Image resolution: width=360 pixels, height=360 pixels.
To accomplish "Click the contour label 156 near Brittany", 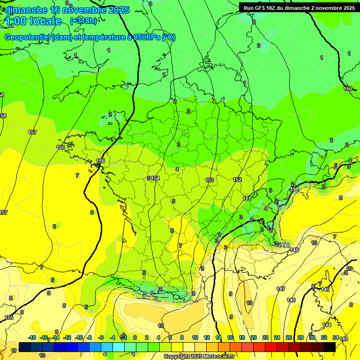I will click(60, 147).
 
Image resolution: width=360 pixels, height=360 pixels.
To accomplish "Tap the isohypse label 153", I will click(210, 180).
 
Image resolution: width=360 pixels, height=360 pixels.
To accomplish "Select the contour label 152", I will click(237, 180).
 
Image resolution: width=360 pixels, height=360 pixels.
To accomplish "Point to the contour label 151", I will click(247, 198).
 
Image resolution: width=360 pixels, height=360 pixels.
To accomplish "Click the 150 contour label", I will click(347, 89).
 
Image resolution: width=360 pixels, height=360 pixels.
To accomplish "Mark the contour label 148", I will click(294, 250).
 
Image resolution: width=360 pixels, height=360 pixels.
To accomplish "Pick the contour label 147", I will click(281, 289).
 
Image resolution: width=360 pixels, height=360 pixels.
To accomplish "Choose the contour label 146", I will click(291, 300).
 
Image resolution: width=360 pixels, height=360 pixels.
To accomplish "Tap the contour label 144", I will click(327, 325).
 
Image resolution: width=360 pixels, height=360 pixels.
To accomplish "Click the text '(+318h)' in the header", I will click(83, 21).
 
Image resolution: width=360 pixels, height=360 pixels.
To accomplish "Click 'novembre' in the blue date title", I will click(84, 10).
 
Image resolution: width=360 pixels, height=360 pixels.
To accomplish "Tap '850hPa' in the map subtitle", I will click(144, 37).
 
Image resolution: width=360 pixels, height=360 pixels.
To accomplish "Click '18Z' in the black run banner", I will click(270, 8).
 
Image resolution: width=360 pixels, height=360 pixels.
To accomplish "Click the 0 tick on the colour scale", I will click(135, 337).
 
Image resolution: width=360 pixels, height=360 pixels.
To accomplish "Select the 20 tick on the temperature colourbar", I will click(253, 337).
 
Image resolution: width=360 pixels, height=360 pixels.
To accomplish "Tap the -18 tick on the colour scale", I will click(32, 337).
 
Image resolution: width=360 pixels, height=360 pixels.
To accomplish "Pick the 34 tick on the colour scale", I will click(336, 337).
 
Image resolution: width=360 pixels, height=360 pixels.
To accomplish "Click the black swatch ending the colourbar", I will click(330, 347).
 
